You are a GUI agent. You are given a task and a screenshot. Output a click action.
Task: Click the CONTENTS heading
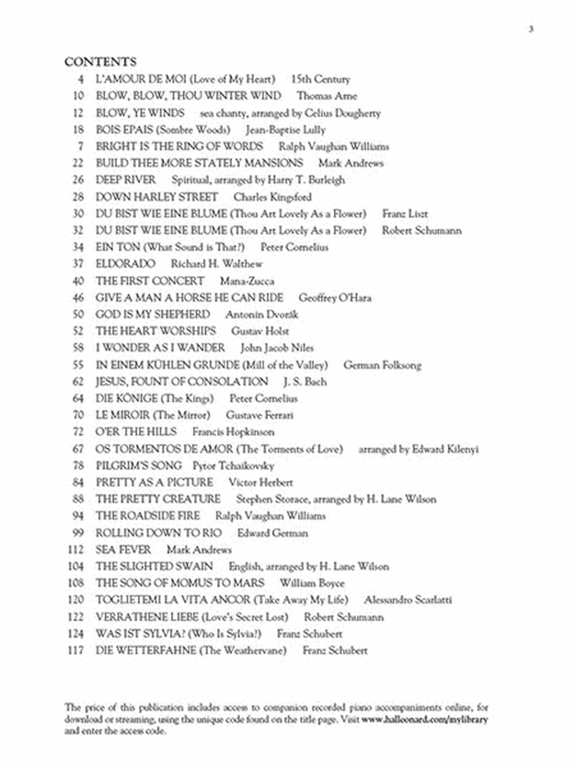pyautogui.click(x=100, y=62)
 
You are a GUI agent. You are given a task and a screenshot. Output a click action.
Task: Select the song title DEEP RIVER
pyautogui.click(x=125, y=180)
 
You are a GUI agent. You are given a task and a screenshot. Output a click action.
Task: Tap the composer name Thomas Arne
pyautogui.click(x=326, y=96)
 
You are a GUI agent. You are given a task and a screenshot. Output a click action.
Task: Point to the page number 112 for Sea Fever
pyautogui.click(x=76, y=550)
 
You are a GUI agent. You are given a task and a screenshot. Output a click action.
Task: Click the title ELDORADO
pyautogui.click(x=125, y=264)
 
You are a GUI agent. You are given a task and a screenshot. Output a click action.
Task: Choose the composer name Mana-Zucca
pyautogui.click(x=241, y=281)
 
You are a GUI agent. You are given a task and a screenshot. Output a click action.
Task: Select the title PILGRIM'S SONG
pyautogui.click(x=139, y=465)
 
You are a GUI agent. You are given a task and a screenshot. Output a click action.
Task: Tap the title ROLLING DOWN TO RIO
pyautogui.click(x=159, y=533)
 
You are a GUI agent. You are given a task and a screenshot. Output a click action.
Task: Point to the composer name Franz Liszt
pyautogui.click(x=405, y=214)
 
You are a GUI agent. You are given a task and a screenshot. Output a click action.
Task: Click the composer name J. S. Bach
pyautogui.click(x=305, y=381)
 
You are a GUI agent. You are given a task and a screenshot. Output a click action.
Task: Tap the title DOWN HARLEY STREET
pyautogui.click(x=157, y=197)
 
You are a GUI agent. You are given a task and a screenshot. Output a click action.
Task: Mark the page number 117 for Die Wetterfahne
pyautogui.click(x=76, y=651)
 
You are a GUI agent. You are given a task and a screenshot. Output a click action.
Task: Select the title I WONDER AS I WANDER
pyautogui.click(x=160, y=348)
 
